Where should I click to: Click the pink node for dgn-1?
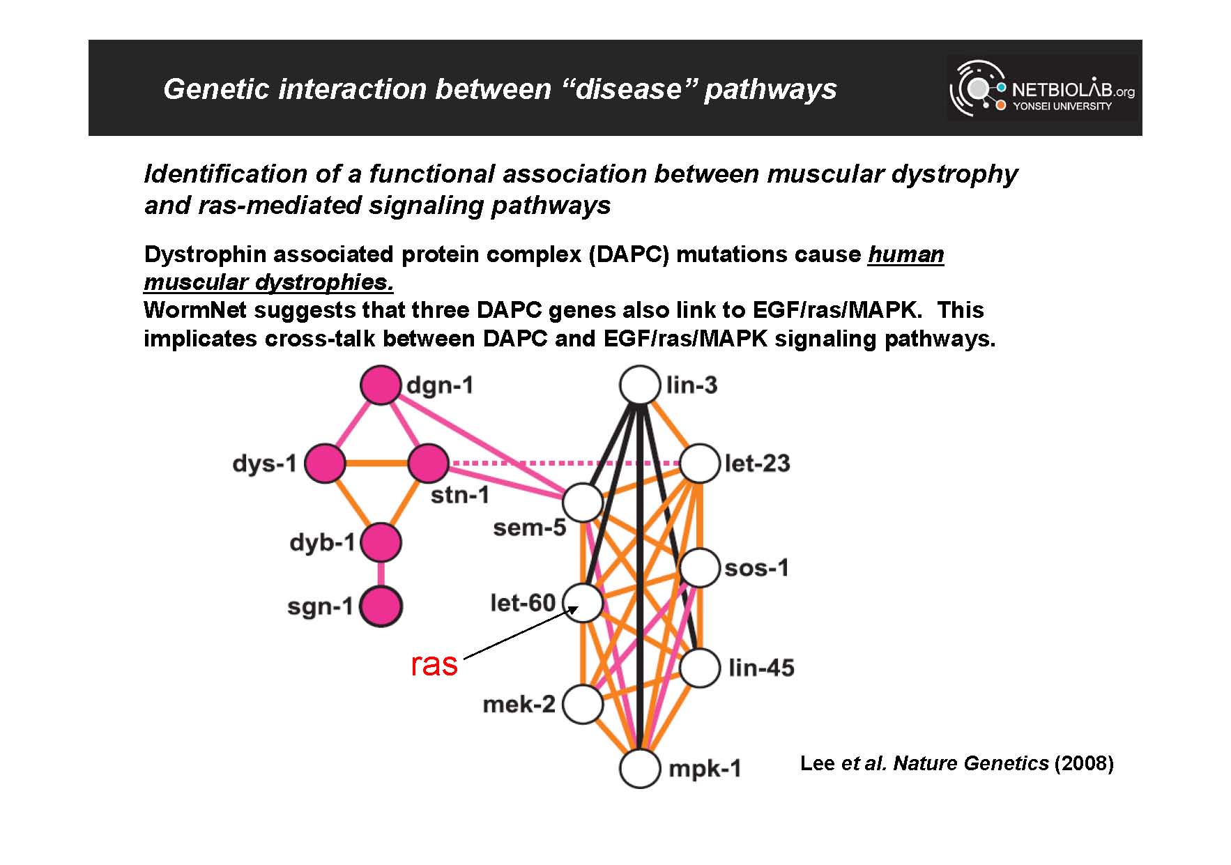point(381,385)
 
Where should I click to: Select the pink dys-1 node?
point(325,463)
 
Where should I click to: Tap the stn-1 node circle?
point(428,463)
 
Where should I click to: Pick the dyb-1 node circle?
point(381,542)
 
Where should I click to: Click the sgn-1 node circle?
point(381,606)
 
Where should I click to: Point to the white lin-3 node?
point(640,385)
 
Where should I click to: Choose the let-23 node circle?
point(699,463)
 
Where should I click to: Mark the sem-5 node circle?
point(583,502)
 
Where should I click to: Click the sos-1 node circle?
point(699,567)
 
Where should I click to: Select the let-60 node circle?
point(583,602)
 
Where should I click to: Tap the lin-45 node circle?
point(699,668)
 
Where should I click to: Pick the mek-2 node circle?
point(583,704)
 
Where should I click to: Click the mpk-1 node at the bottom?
point(640,768)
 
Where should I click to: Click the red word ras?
point(434,664)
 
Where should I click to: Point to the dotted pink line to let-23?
point(564,463)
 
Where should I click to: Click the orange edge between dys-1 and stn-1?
point(376,463)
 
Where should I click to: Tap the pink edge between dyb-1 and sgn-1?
point(381,574)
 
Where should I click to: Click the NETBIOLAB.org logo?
point(1043,89)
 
